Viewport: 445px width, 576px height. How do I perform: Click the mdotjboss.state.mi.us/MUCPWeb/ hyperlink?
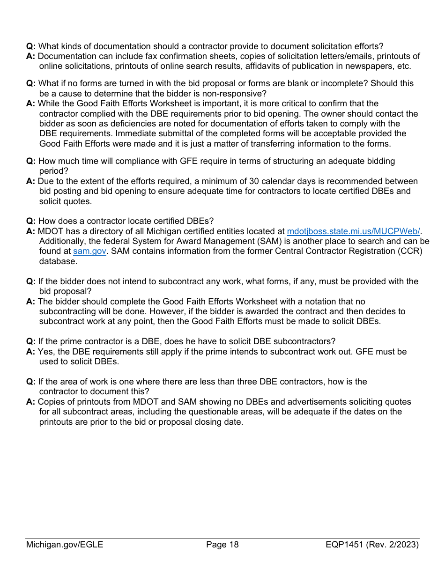click(x=353, y=231)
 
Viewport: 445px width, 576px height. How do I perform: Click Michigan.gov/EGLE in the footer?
click(x=65, y=545)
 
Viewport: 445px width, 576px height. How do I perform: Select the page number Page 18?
click(x=222, y=545)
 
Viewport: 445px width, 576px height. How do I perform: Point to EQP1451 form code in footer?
click(x=345, y=545)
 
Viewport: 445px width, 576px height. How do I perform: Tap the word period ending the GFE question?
click(x=52, y=171)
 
